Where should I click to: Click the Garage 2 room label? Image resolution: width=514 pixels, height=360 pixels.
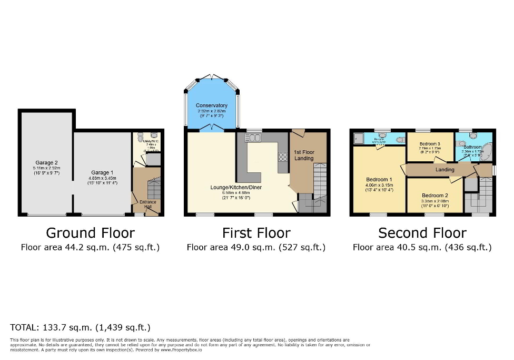(46, 162)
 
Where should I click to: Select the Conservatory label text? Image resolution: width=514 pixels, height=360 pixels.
(211, 105)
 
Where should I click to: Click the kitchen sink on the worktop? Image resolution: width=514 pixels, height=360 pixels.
(253, 138)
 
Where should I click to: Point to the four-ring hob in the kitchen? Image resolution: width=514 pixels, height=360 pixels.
(283, 156)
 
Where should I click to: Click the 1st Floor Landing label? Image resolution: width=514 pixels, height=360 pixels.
(304, 155)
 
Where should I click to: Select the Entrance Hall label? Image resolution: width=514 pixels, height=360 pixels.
(147, 204)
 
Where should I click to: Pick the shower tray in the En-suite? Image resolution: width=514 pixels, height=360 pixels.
(359, 140)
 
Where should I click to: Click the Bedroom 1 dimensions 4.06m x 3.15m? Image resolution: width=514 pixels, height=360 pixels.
(379, 185)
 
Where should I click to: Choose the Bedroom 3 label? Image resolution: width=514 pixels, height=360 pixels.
(430, 144)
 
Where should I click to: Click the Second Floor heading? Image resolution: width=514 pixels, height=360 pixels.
(422, 233)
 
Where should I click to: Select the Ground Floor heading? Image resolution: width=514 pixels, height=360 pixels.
(90, 233)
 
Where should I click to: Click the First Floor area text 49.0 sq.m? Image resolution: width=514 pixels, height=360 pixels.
(256, 247)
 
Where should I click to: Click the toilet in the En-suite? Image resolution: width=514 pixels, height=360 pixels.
(400, 140)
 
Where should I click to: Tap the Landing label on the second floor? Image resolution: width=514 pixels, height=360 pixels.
(444, 170)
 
